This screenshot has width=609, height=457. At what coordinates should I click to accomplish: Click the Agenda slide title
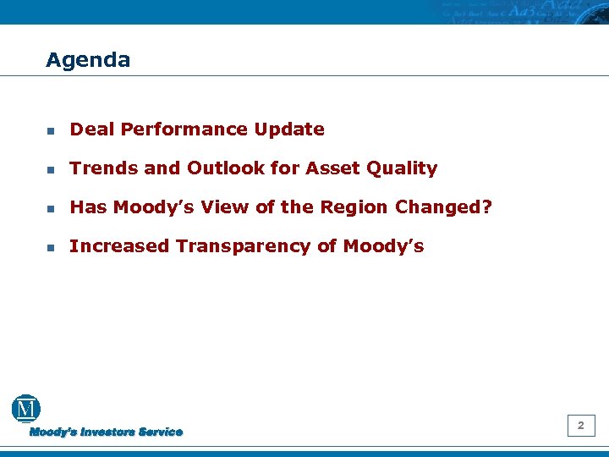coord(88,60)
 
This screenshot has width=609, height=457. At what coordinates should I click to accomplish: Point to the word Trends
coord(104,168)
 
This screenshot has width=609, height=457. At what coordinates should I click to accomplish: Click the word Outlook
coord(222,168)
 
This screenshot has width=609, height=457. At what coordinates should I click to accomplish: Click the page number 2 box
coord(580,426)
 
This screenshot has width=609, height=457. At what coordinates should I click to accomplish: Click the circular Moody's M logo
coord(26,409)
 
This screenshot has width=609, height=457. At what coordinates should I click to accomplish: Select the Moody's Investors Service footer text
coord(106,432)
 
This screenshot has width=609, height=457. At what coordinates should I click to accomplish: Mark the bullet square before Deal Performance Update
coord(51,131)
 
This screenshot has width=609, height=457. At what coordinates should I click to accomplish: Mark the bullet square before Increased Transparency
coord(51,248)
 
